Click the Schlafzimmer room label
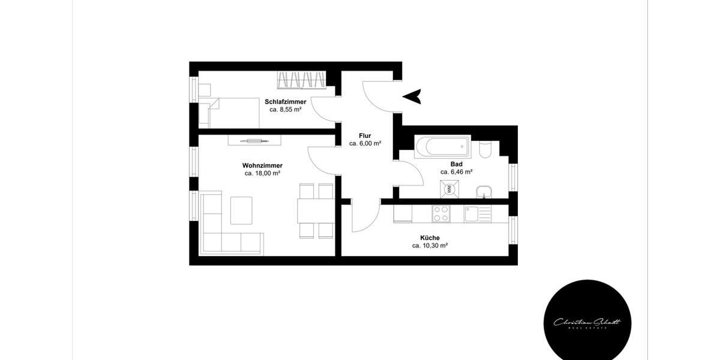coord(285,102)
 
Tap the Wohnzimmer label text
coord(262,166)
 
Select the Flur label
coord(365,136)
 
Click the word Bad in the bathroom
coord(456,164)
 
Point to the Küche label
coord(430,238)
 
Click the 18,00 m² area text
coord(262,173)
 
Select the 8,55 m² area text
coord(285,110)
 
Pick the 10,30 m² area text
coord(430,245)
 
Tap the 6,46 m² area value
coord(456,172)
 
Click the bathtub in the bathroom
coord(441,146)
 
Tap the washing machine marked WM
coord(448,190)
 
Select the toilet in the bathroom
coord(486,148)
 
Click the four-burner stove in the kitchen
coord(441,213)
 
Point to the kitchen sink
coord(478,214)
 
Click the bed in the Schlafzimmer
coord(234,113)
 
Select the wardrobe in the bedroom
coord(303,79)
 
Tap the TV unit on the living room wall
coord(254,140)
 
